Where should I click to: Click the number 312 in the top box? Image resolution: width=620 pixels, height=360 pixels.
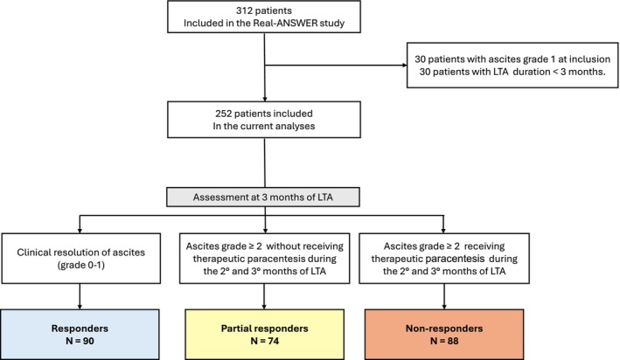pos(245,10)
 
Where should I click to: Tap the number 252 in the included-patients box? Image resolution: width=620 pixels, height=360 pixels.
pos(223,114)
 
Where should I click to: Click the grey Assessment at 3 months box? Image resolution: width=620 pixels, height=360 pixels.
pos(263,197)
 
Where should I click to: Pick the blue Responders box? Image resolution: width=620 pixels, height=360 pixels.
pos(80,335)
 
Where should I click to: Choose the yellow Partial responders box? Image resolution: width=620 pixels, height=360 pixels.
pos(265,335)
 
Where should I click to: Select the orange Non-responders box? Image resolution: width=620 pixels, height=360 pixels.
pos(444,335)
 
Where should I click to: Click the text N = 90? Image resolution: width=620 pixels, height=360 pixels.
pos(80,341)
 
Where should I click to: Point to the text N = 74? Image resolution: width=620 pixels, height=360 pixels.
pos(265,341)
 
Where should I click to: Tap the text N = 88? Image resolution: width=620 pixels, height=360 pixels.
pos(444,341)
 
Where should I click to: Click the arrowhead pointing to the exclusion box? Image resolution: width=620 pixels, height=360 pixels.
pos(405,66)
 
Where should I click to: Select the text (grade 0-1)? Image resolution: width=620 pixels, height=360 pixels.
pos(81,265)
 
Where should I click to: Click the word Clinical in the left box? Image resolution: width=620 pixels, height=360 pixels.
pos(33,253)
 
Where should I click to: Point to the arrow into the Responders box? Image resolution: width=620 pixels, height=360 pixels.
pos(80,296)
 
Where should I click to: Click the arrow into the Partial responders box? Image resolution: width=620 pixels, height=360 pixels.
pos(264,296)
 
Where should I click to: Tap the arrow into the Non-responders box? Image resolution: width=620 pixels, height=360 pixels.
pos(444,296)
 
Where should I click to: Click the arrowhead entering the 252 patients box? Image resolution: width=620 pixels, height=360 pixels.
pos(265,100)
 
